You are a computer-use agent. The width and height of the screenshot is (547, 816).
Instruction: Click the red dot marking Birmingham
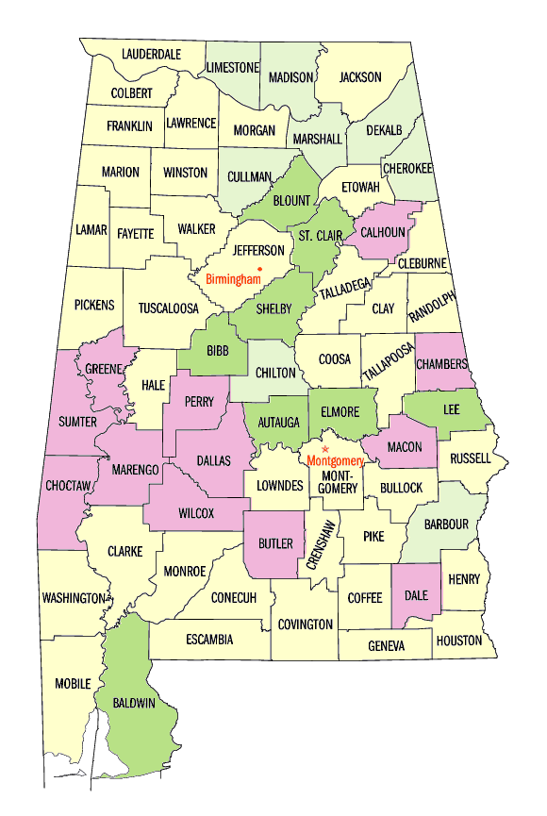[259, 270]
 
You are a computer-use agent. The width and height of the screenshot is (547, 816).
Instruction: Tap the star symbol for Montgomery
[324, 449]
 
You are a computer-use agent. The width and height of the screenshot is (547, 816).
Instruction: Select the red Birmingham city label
[232, 279]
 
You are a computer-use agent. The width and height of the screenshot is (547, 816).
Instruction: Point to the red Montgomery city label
[335, 460]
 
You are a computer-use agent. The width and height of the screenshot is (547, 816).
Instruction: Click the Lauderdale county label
[151, 55]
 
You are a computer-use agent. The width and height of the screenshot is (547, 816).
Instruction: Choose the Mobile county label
[73, 683]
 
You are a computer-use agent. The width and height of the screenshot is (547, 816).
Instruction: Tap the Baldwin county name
[134, 703]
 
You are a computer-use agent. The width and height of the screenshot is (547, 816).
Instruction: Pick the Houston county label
[459, 641]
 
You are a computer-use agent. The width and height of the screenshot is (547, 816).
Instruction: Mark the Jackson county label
[360, 77]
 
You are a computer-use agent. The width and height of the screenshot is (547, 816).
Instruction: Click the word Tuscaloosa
[169, 308]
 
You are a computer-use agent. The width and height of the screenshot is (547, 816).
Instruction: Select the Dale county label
[416, 595]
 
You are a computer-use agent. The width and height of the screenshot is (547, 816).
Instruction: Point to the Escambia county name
[209, 640]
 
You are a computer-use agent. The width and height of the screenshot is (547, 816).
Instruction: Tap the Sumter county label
[77, 421]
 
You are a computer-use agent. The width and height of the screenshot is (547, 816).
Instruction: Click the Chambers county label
[441, 364]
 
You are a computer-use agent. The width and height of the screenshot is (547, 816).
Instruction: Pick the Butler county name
[275, 543]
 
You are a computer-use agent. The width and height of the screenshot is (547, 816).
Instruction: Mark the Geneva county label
[386, 646]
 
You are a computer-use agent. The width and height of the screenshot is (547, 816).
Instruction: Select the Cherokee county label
[407, 168]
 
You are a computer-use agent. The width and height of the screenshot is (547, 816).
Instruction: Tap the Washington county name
[74, 598]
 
